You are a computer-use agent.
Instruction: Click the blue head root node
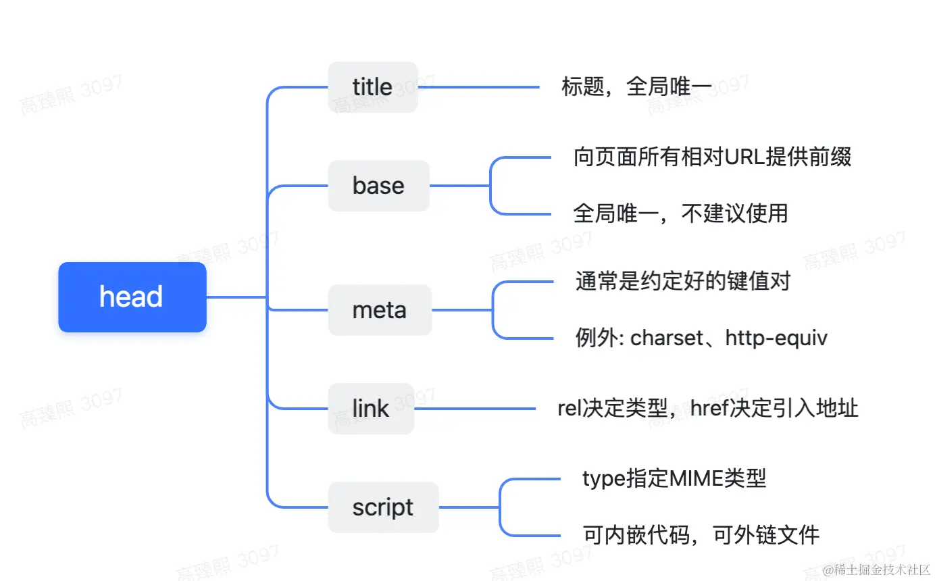click(132, 297)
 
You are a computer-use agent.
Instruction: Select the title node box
click(372, 87)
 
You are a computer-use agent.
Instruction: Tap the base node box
click(378, 186)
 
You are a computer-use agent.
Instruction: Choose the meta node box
click(379, 310)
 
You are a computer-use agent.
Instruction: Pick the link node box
click(370, 409)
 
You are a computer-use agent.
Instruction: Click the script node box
click(382, 507)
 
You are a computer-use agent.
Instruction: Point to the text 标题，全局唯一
click(636, 87)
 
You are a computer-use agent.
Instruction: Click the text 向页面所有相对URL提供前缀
click(712, 157)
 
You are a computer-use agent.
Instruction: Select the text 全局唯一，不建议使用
click(680, 213)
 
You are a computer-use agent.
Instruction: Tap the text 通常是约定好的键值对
click(682, 280)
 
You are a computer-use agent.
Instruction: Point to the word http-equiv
click(776, 338)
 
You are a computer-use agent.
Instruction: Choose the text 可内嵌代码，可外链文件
click(701, 535)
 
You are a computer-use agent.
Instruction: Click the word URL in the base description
click(745, 157)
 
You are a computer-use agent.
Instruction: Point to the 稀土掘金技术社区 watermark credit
click(876, 570)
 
